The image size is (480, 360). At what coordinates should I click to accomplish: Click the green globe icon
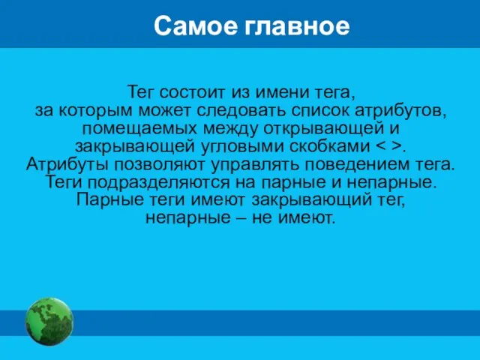[49, 321]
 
